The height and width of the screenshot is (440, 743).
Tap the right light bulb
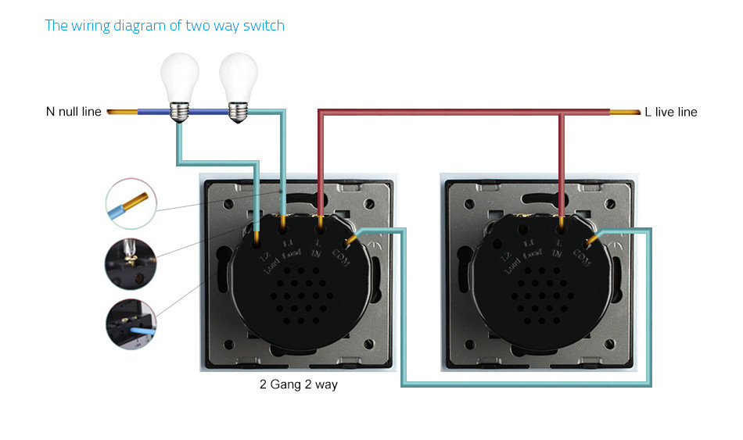(x=238, y=82)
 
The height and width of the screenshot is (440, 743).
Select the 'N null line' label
(x=74, y=112)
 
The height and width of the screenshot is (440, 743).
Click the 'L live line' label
(x=671, y=112)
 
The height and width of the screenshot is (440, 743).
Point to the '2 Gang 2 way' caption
(x=299, y=385)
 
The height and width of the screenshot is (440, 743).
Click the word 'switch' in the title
(x=264, y=25)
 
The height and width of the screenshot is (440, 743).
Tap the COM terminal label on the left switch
(x=343, y=254)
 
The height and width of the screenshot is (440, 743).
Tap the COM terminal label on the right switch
(x=582, y=254)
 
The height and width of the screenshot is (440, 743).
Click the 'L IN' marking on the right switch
(x=558, y=249)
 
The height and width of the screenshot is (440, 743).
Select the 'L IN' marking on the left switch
(x=318, y=249)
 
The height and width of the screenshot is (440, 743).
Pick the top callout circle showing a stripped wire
(x=130, y=203)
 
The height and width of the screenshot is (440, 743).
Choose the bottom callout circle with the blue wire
(x=130, y=323)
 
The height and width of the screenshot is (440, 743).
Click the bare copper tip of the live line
(x=623, y=113)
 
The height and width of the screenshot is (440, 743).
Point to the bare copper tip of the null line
(x=121, y=113)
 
